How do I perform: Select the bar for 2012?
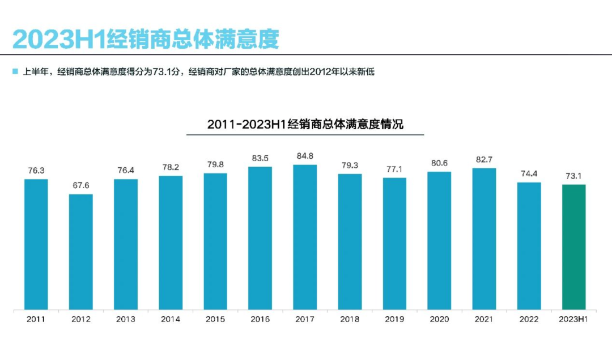[x=81, y=252]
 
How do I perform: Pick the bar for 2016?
[x=260, y=238]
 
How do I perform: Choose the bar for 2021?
[x=484, y=239]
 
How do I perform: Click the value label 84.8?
[x=305, y=156]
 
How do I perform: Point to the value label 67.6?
[x=81, y=185]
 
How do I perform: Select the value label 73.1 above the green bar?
[x=573, y=176]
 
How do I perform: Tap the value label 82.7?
[x=484, y=159]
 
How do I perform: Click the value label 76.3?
[x=36, y=170]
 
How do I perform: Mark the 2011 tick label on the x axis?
[x=36, y=319]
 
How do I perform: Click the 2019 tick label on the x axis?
[x=394, y=319]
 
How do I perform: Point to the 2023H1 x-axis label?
[x=573, y=319]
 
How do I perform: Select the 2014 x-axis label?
[x=171, y=319]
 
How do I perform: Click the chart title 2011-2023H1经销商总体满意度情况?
[x=305, y=124]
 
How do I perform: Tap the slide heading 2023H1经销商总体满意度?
[x=146, y=39]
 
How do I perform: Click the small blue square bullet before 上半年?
[x=15, y=72]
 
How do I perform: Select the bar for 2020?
[x=439, y=240]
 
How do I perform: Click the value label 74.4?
[x=529, y=173]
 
